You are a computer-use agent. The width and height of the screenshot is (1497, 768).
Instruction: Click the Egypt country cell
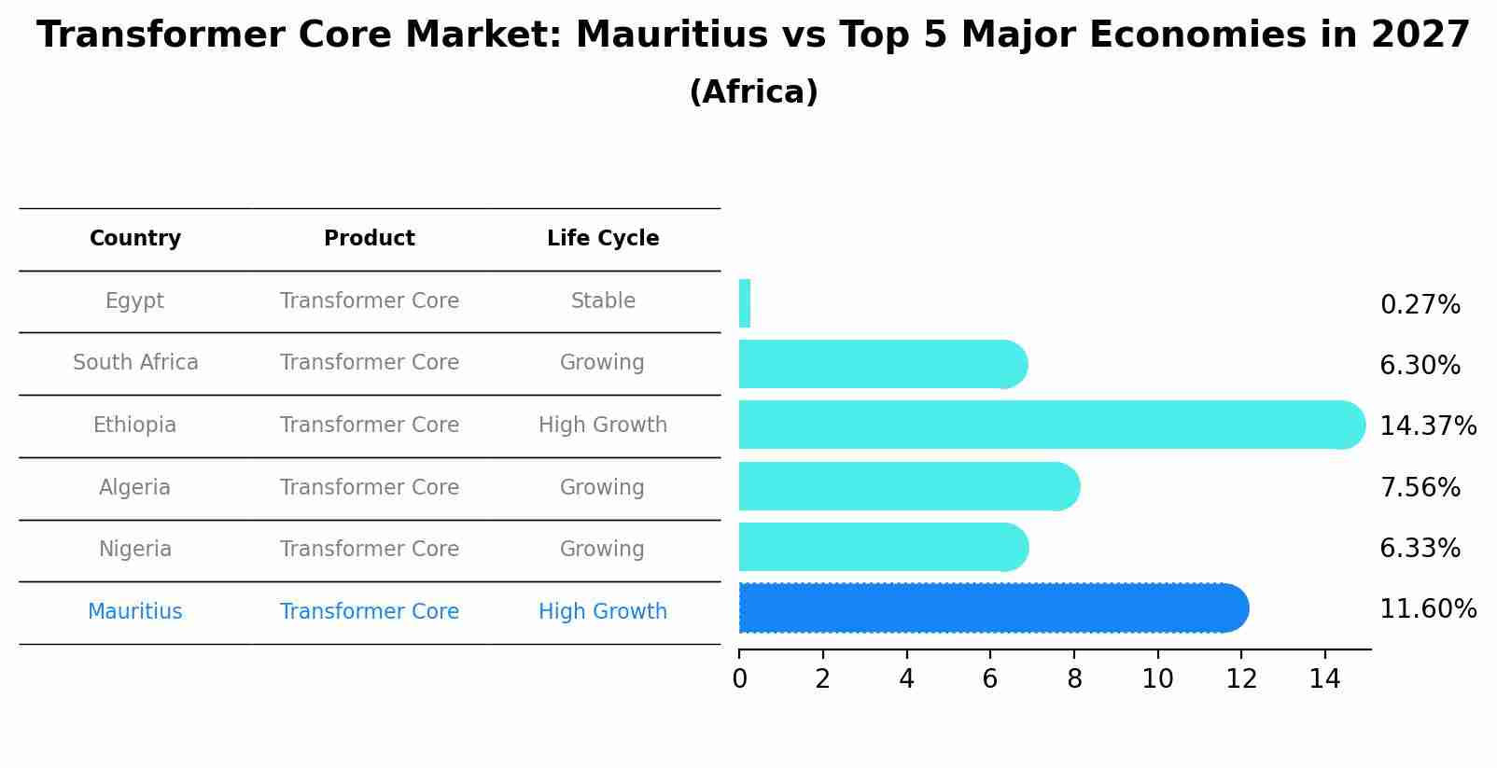(x=134, y=301)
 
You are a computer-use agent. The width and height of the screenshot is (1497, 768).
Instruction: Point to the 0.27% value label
(x=1420, y=305)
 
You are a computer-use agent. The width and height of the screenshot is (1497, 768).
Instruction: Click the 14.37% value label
(x=1427, y=426)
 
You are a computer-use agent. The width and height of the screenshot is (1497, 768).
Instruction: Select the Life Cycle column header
(x=603, y=239)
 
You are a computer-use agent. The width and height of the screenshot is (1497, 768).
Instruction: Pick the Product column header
(x=369, y=239)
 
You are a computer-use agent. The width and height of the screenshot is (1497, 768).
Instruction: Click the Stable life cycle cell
(x=603, y=301)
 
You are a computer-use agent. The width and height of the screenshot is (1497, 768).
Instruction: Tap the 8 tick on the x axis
(x=1074, y=679)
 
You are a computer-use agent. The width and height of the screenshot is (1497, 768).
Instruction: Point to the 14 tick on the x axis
(x=1324, y=679)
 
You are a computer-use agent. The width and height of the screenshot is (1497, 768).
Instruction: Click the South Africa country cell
(x=135, y=363)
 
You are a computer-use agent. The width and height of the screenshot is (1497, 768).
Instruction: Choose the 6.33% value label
(x=1420, y=549)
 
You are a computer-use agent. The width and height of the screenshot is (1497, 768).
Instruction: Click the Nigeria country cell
(x=135, y=550)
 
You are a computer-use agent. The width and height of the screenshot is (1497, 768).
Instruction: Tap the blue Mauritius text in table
(x=135, y=612)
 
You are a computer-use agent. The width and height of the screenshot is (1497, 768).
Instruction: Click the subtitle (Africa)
(x=753, y=92)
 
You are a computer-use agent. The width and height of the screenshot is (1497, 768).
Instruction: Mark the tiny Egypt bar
(x=745, y=303)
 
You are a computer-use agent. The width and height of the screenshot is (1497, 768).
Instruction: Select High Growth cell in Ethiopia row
(x=603, y=426)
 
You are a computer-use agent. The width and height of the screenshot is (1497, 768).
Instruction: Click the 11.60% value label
(x=1427, y=609)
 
